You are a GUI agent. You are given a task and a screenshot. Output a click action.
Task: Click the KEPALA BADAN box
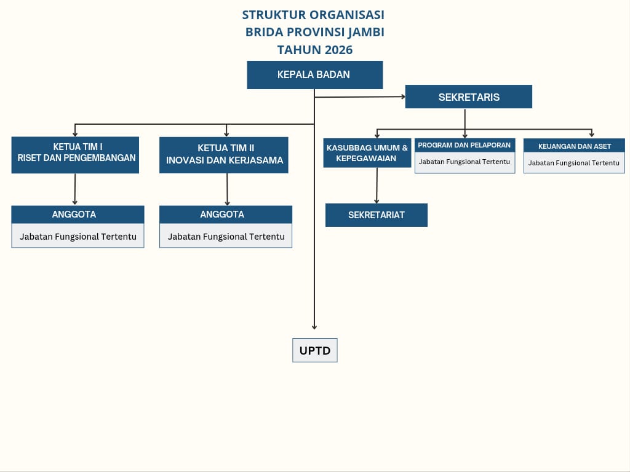pos(314,74)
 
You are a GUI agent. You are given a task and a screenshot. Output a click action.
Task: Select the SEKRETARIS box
pos(468,96)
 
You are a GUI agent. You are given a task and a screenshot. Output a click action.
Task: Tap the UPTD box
pos(314,350)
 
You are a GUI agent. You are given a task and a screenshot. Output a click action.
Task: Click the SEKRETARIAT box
pos(376,215)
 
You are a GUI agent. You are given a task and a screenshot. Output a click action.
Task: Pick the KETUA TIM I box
pos(75,155)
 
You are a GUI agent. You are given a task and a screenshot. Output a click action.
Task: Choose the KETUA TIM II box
pos(224,155)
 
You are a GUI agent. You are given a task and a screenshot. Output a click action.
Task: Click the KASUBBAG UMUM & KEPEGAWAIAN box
pos(367,153)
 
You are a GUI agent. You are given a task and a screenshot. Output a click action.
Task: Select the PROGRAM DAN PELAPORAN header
pos(465,145)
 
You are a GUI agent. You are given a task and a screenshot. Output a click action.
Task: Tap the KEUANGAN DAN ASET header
pos(574,146)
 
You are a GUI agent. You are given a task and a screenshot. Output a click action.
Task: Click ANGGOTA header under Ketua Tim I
pos(78,214)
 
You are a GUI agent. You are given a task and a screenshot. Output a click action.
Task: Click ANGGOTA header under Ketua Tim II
pos(225,214)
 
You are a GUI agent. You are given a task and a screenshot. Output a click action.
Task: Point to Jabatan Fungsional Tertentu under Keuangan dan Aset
pos(574,163)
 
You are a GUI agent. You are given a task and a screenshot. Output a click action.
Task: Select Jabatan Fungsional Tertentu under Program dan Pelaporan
pos(465,162)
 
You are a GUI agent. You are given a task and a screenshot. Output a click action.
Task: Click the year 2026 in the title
pos(338,50)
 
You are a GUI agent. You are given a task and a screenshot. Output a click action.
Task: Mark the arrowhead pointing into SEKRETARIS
pos(403,96)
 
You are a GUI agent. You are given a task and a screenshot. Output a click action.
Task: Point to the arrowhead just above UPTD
pos(314,327)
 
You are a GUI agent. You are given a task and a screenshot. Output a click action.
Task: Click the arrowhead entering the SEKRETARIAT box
pos(377,201)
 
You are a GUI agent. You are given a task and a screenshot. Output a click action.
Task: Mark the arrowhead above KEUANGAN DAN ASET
pos(591,135)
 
